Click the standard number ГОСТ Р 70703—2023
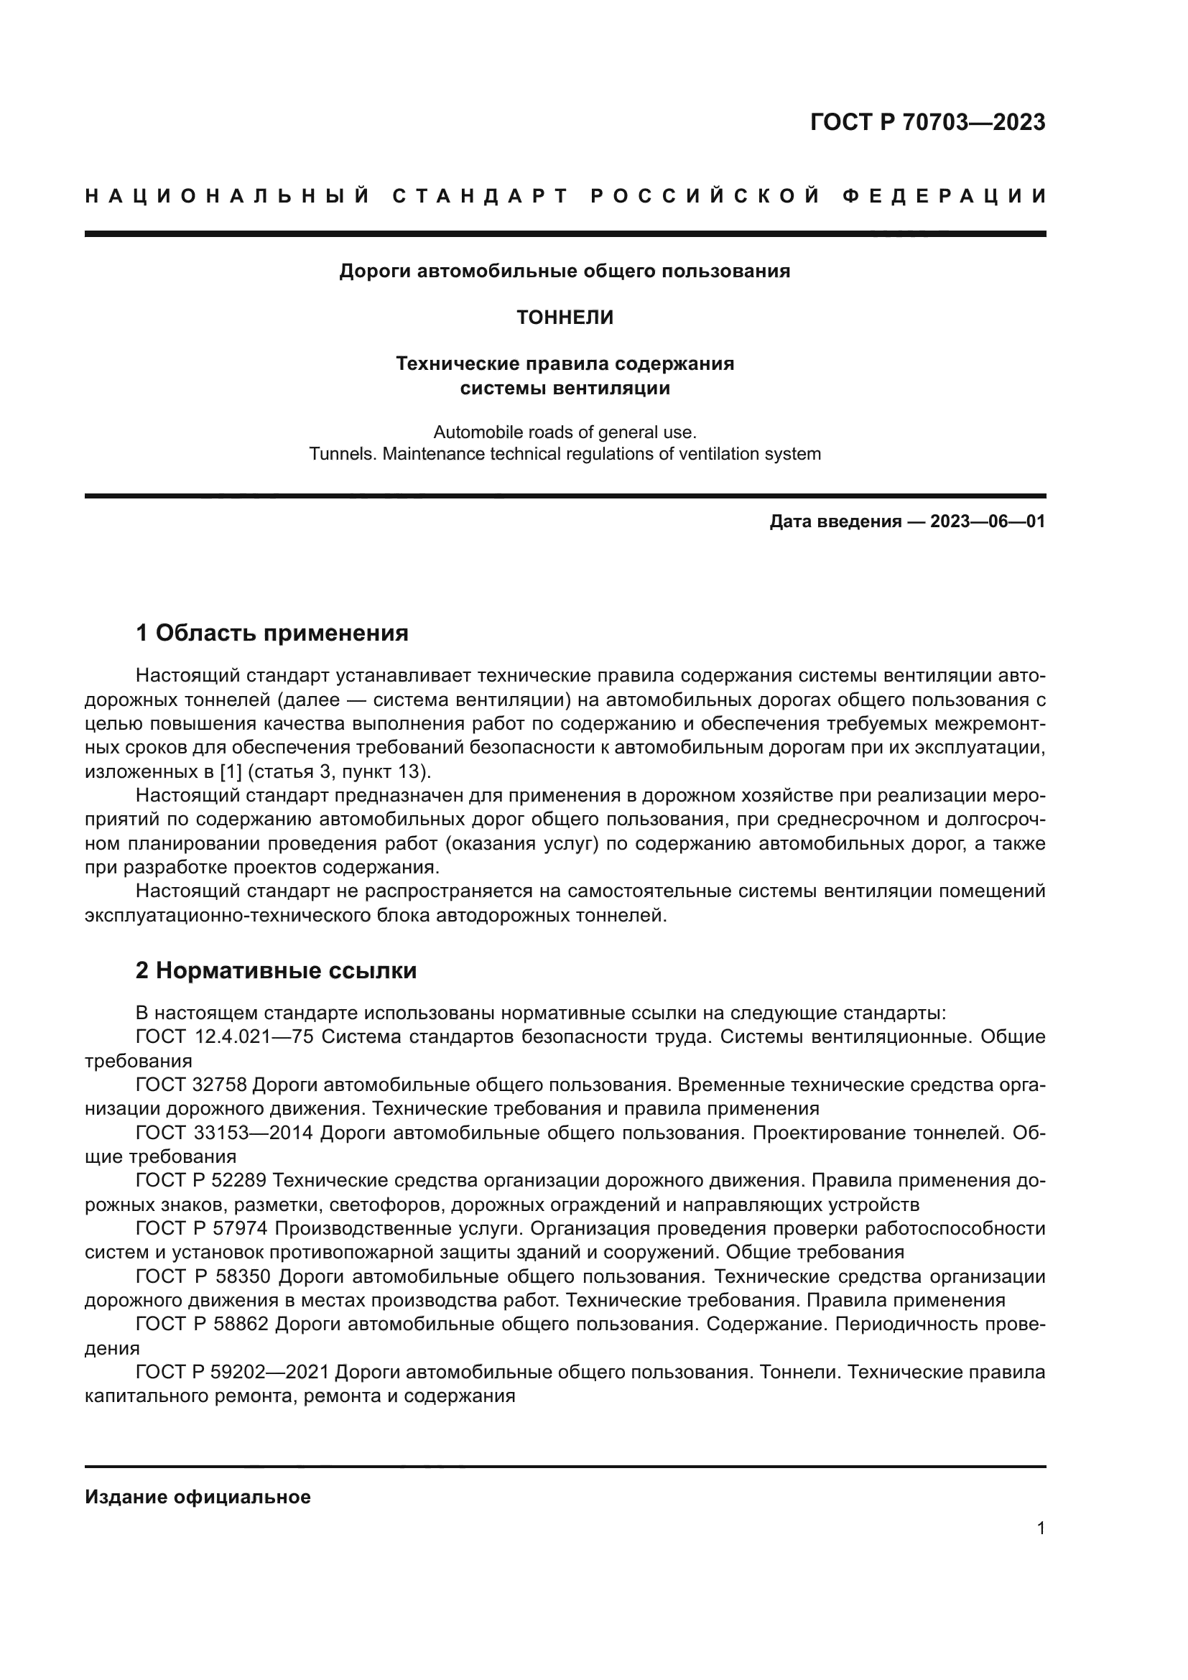pyautogui.click(x=927, y=122)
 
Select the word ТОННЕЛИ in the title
pyautogui.click(x=565, y=317)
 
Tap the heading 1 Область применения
pyautogui.click(x=272, y=633)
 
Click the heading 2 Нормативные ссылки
pyautogui.click(x=277, y=971)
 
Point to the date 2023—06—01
pyautogui.click(x=988, y=521)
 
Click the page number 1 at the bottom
pyautogui.click(x=1041, y=1528)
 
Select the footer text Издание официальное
pyautogui.click(x=198, y=1497)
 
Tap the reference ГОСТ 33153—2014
pyautogui.click(x=225, y=1133)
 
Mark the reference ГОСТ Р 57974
pyautogui.click(x=202, y=1228)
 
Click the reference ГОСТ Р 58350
pyautogui.click(x=203, y=1277)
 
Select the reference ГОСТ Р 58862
pyautogui.click(x=202, y=1324)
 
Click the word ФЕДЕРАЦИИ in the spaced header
pyautogui.click(x=945, y=196)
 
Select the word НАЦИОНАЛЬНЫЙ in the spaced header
pyautogui.click(x=228, y=196)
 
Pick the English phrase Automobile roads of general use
pyautogui.click(x=565, y=432)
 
